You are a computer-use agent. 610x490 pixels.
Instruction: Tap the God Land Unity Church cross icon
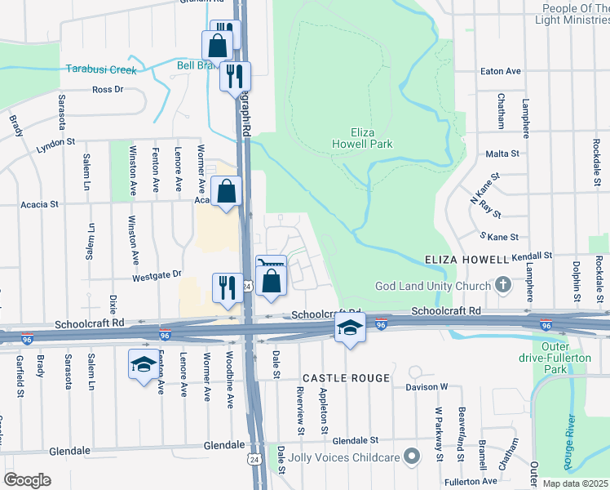click(x=503, y=285)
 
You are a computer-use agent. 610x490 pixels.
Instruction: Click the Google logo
click(x=27, y=479)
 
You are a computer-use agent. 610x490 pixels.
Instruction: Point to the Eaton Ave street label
click(x=501, y=72)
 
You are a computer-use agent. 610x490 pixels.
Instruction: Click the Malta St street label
click(x=502, y=154)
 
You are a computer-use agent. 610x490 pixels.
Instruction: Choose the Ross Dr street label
click(x=108, y=90)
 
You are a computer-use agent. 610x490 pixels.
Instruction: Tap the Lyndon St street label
click(x=55, y=147)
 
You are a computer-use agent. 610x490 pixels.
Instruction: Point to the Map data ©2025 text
click(x=575, y=483)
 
